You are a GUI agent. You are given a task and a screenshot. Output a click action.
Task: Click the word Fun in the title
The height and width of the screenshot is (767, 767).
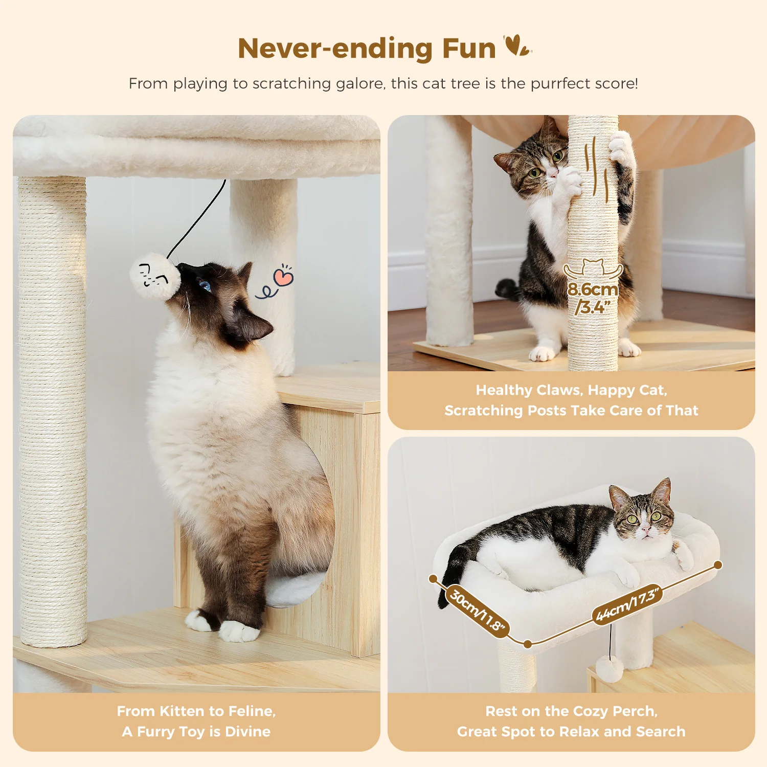point(468,49)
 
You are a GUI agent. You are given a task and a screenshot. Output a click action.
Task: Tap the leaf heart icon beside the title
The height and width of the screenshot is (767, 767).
point(517,46)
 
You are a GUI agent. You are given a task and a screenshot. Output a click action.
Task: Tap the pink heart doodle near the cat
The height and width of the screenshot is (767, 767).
point(283,277)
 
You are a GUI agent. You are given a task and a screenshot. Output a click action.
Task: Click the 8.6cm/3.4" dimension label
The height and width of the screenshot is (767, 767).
point(593,298)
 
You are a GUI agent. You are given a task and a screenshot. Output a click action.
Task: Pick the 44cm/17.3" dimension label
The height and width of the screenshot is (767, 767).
point(628,605)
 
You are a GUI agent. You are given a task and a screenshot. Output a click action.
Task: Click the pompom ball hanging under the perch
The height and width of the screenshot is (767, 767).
point(610,669)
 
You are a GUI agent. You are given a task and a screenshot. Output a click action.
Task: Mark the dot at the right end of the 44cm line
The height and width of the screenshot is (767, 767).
point(718,565)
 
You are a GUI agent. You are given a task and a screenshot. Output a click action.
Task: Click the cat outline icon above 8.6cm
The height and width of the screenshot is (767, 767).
point(593,268)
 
